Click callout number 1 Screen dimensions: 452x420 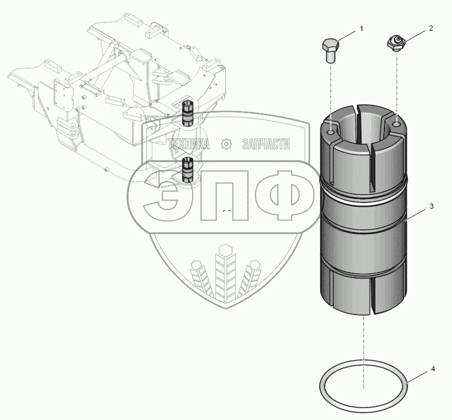pos(361,29)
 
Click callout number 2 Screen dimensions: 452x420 pos(431,28)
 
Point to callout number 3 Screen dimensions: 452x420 pos(431,206)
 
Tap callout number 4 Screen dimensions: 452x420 pos(433,368)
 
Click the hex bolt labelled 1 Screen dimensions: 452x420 pos(331,51)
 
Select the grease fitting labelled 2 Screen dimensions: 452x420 pos(396,44)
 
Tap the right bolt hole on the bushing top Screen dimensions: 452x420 pos(397,124)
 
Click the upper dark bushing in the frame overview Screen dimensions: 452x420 pos(188,112)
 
